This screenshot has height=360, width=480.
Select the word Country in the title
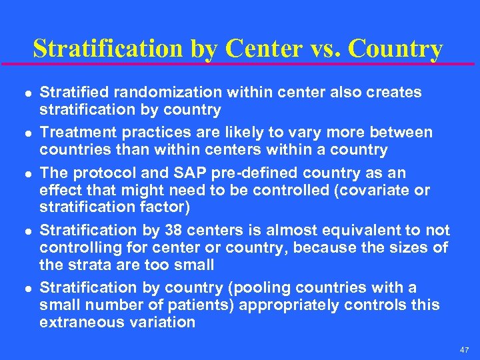point(395,48)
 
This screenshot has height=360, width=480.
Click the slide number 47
point(464,349)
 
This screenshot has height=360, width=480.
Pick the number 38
point(163,230)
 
